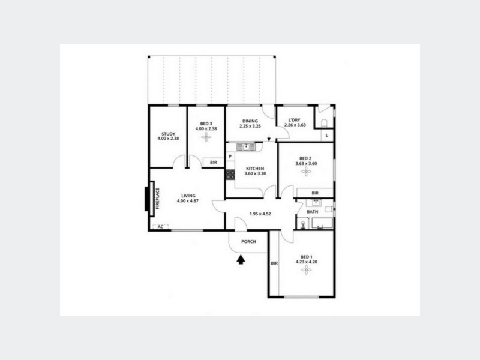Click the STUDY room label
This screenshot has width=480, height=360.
[167, 134]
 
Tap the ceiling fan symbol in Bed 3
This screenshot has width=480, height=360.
[206, 137]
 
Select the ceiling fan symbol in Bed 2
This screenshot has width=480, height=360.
[306, 172]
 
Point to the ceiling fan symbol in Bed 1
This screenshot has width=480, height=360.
[306, 271]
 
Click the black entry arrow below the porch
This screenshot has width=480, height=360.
[241, 259]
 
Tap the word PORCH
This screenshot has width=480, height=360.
[248, 242]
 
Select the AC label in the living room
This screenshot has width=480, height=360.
[160, 227]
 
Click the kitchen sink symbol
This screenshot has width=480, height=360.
[246, 146]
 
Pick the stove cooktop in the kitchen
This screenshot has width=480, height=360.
[230, 175]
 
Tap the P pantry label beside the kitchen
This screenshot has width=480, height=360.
[230, 157]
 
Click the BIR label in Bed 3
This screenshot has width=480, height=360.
[213, 162]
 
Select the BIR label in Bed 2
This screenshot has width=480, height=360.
[315, 193]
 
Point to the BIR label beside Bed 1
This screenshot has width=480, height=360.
[274, 263]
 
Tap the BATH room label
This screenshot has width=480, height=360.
[313, 212]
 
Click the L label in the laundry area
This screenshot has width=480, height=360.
[326, 136]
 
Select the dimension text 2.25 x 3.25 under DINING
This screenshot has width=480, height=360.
[250, 126]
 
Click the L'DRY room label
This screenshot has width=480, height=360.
[295, 120]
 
